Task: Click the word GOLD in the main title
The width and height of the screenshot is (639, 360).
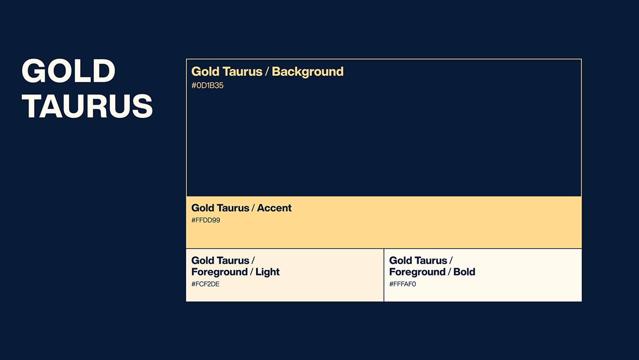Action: coord(68,71)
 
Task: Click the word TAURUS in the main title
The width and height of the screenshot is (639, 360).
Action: coord(87,106)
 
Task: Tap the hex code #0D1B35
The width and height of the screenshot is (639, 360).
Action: coord(207,86)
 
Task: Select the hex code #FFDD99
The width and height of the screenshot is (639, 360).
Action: coord(206,220)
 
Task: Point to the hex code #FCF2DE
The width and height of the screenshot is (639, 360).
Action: coord(205,284)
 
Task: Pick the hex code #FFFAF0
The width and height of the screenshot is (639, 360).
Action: coord(402,284)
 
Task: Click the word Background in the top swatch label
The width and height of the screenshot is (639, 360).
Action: coord(308,72)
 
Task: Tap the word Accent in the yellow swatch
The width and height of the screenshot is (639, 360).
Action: coord(274,208)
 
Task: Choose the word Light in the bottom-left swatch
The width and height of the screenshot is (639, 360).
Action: coord(267,272)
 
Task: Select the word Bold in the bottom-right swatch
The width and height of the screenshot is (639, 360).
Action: coord(464,272)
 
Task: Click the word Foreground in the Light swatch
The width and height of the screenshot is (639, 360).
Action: coord(219,272)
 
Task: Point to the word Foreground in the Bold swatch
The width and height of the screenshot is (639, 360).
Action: coord(418,272)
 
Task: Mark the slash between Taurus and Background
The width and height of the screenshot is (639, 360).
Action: coord(267,72)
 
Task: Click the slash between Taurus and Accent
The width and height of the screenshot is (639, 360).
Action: coord(253,208)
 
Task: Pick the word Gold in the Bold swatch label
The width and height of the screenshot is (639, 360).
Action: coord(400,260)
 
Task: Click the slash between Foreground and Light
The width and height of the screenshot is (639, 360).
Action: coord(252,272)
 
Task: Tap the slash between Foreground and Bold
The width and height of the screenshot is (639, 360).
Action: coord(449,272)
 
